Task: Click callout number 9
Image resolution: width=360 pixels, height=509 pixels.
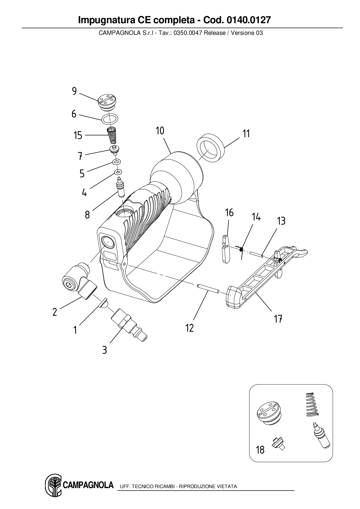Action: (x=74, y=91)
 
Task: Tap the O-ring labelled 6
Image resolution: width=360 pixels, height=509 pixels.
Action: (x=110, y=119)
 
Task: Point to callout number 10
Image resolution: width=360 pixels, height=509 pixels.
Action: (x=160, y=131)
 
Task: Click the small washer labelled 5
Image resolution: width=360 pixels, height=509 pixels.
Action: (x=116, y=161)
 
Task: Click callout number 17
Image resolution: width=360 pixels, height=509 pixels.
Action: (x=278, y=319)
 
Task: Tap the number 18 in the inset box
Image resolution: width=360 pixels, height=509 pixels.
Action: (x=260, y=450)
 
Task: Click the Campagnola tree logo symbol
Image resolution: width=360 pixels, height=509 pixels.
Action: (x=53, y=485)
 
